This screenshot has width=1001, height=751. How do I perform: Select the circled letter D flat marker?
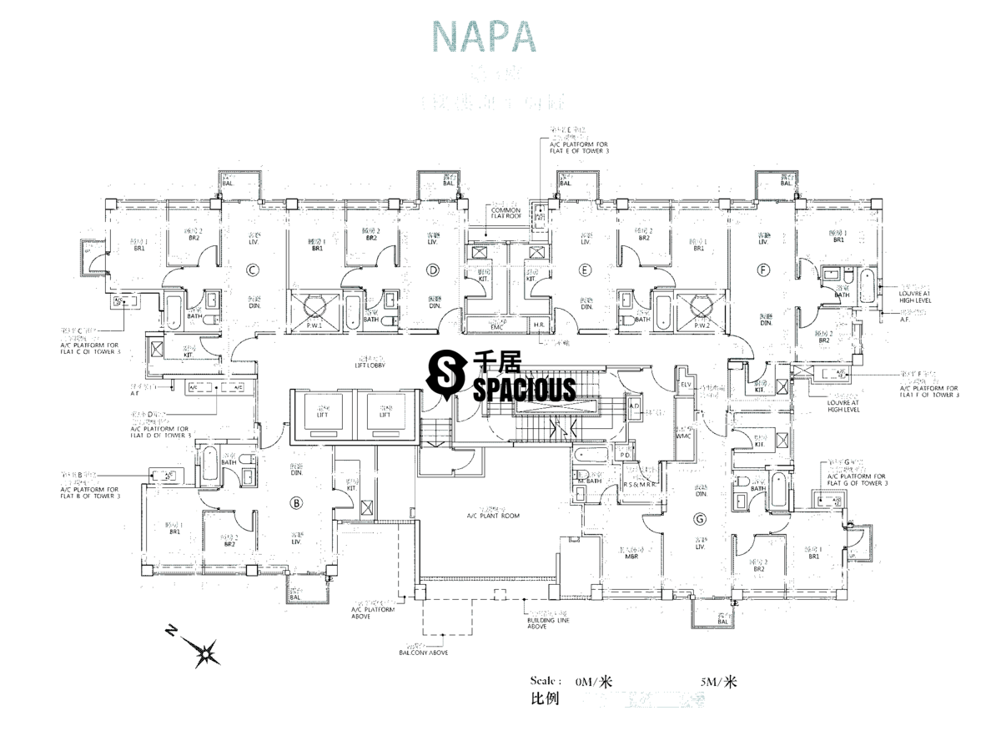pyautogui.click(x=432, y=270)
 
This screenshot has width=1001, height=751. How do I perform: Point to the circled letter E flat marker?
pyautogui.click(x=585, y=270)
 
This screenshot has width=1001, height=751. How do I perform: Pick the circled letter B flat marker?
pyautogui.click(x=294, y=502)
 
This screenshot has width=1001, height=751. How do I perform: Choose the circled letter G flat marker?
pyautogui.click(x=699, y=519)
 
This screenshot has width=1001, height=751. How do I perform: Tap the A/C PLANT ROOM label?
pyautogui.click(x=493, y=517)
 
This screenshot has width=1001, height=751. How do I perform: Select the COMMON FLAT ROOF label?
pyautogui.click(x=506, y=213)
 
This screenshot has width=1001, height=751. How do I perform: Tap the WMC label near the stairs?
pyautogui.click(x=684, y=436)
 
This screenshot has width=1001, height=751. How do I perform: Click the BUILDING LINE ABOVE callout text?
pyautogui.click(x=549, y=623)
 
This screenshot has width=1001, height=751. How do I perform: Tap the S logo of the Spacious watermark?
pyautogui.click(x=445, y=373)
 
